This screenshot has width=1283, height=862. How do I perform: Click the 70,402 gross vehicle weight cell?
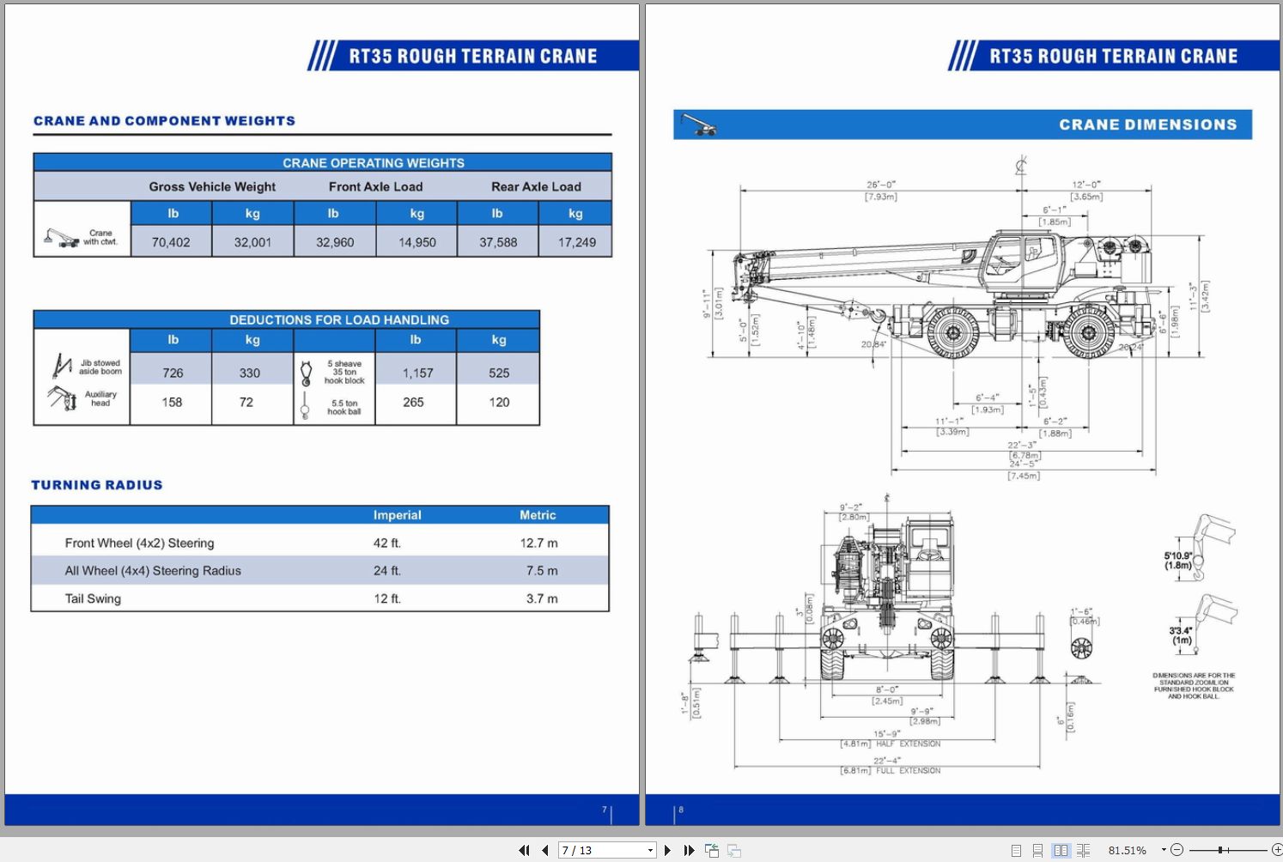[171, 242]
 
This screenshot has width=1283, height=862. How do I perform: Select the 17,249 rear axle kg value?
[576, 242]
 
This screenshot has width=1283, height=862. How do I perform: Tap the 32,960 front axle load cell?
[335, 242]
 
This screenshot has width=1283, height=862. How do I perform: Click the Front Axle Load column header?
[375, 186]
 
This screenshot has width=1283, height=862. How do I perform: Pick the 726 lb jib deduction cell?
[173, 373]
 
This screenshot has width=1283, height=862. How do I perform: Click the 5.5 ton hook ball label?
[344, 407]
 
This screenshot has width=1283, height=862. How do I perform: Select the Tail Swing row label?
[93, 598]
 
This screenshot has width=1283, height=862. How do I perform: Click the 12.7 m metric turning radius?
[538, 543]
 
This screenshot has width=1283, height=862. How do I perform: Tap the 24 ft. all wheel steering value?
[386, 570]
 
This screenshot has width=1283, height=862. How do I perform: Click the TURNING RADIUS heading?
[97, 485]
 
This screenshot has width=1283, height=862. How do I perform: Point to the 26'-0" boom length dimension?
[880, 185]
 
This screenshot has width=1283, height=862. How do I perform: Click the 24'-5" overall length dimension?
[1022, 464]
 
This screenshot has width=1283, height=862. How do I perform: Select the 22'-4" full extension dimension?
[886, 761]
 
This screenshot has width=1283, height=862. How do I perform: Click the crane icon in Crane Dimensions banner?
[698, 125]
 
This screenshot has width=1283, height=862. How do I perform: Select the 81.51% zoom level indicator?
[1127, 850]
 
